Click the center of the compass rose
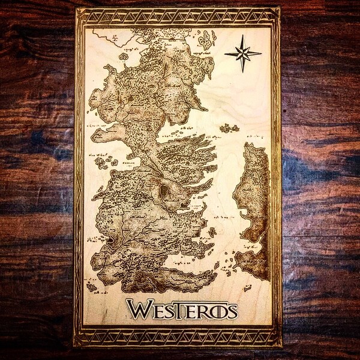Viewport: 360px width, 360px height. coord(243,54)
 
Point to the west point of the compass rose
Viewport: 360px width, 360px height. coord(226,54)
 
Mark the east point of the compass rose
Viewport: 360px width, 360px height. coord(261,54)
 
